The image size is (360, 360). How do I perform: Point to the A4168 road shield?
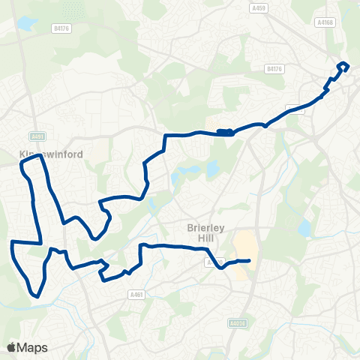[325, 22]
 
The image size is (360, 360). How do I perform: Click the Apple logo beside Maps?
[11, 347]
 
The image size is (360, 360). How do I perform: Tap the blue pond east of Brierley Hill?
[304, 227]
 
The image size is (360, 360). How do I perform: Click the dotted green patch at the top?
[73, 10]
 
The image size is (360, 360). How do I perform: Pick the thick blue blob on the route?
[224, 132]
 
